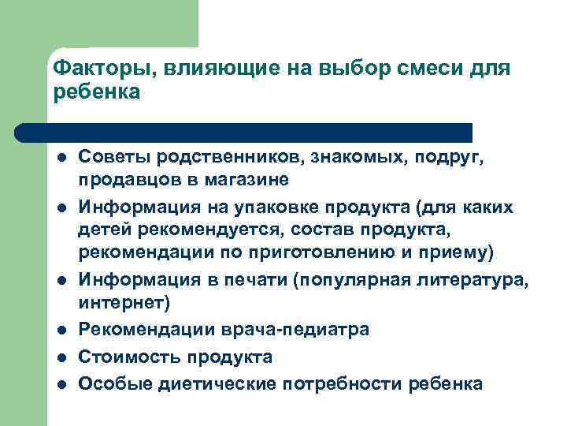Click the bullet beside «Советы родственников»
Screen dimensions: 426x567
[x=62, y=158]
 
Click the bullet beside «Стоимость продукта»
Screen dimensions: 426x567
[x=62, y=357]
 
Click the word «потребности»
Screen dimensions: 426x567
[x=339, y=384]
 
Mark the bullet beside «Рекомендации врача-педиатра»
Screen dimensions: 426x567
[x=62, y=330]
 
